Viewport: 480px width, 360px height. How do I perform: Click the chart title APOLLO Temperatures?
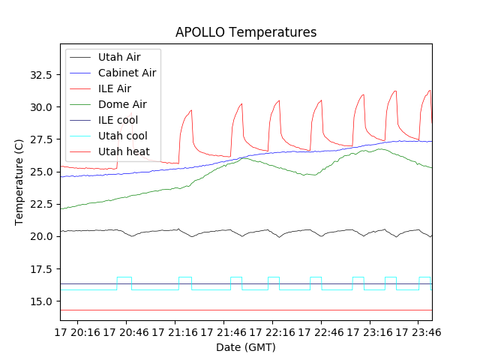[x=246, y=32]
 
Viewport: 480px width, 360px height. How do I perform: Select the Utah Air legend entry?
[x=118, y=57]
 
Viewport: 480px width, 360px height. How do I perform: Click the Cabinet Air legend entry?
[x=127, y=73]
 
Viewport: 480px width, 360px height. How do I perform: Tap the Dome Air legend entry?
[x=122, y=104]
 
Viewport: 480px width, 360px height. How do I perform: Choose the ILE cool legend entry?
[x=118, y=120]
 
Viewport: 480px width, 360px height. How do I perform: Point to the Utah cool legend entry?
[x=122, y=136]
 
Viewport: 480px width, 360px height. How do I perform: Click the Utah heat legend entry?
[x=124, y=151]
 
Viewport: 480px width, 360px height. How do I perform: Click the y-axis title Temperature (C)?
[x=20, y=182]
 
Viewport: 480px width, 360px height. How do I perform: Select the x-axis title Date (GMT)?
[x=246, y=347]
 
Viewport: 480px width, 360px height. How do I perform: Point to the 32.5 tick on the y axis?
[x=40, y=75]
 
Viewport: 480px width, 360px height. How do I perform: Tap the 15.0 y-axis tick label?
[x=40, y=301]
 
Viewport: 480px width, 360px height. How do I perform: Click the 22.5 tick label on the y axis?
[x=40, y=205]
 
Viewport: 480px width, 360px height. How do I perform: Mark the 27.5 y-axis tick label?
[x=40, y=140]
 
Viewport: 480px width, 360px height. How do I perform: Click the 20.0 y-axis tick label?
[x=40, y=237]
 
